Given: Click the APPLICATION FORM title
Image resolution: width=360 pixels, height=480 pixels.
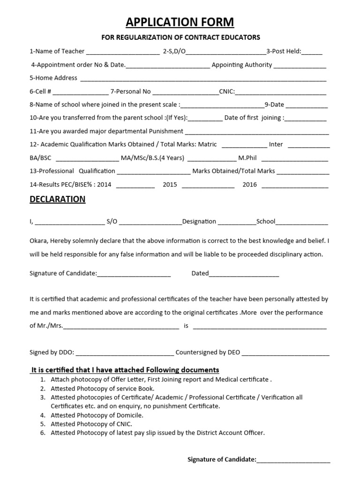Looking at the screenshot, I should pyautogui.click(x=180, y=22).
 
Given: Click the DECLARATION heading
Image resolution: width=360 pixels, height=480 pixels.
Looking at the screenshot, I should pyautogui.click(x=57, y=199).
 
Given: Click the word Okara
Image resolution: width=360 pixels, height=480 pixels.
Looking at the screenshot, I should pyautogui.click(x=38, y=241).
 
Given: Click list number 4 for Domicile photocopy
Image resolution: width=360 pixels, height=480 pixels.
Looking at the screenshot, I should pyautogui.click(x=42, y=415).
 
